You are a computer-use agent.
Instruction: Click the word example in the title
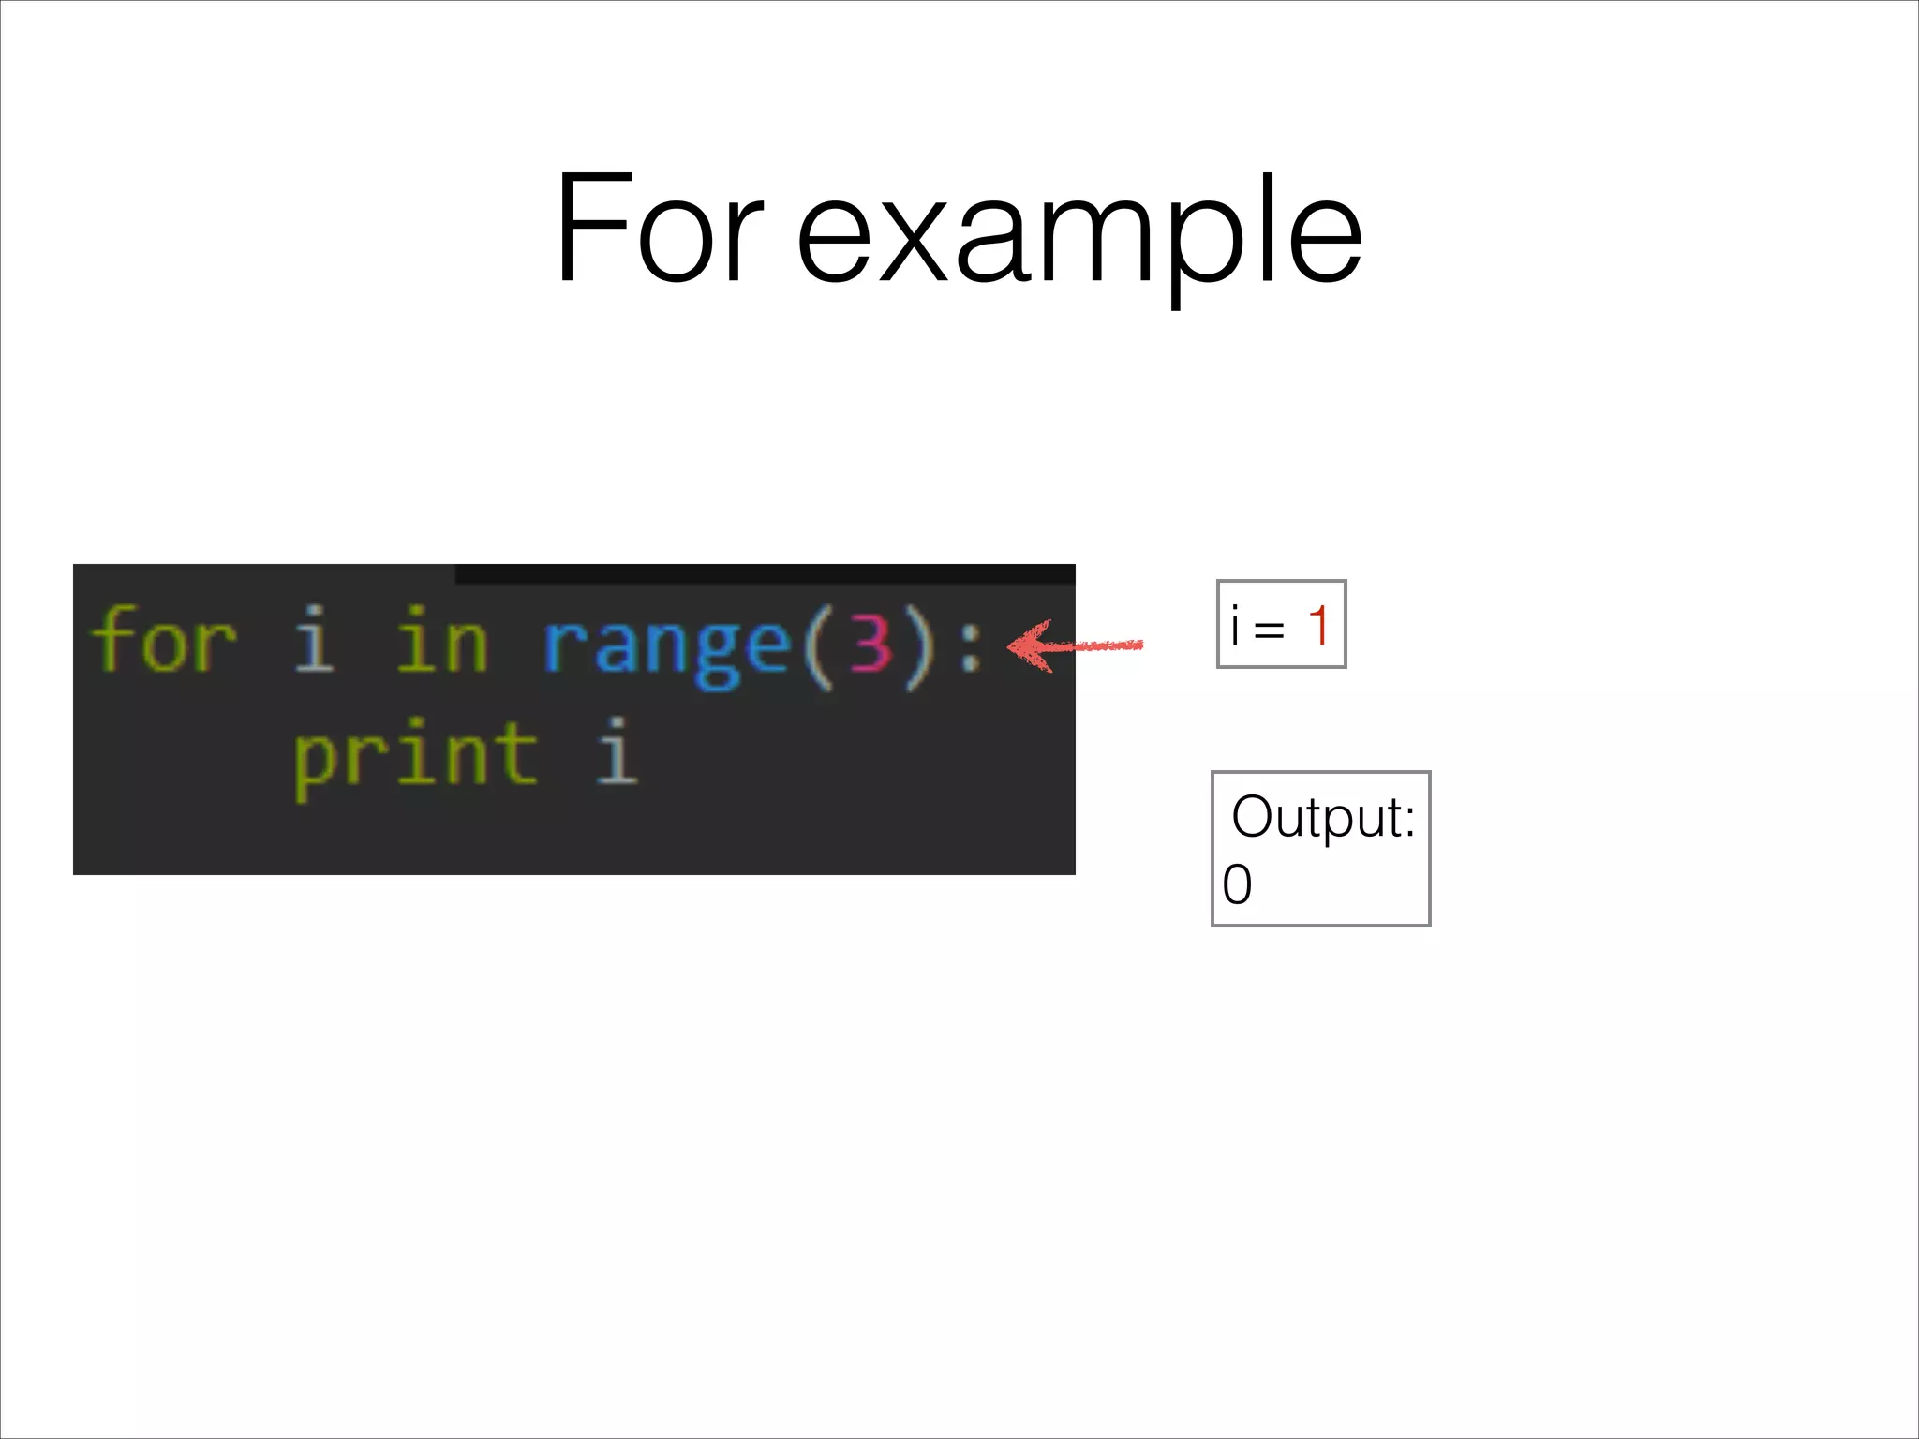pyautogui.click(x=1079, y=234)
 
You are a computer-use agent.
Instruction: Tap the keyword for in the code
pyautogui.click(x=164, y=641)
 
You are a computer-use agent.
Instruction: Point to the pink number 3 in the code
pyautogui.click(x=870, y=645)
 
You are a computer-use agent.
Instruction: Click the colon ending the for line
pyautogui.click(x=971, y=645)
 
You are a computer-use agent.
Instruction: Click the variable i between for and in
pyautogui.click(x=314, y=641)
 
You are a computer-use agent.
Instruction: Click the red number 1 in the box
pyautogui.click(x=1318, y=625)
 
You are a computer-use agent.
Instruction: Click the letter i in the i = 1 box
pyautogui.click(x=1235, y=625)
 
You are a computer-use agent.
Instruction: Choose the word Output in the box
pyautogui.click(x=1322, y=817)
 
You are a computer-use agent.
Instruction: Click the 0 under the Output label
pyautogui.click(x=1237, y=884)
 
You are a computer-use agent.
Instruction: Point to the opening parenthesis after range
pyautogui.click(x=816, y=646)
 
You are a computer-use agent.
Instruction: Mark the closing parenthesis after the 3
pyautogui.click(x=920, y=646)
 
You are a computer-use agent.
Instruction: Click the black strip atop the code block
pyautogui.click(x=764, y=573)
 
